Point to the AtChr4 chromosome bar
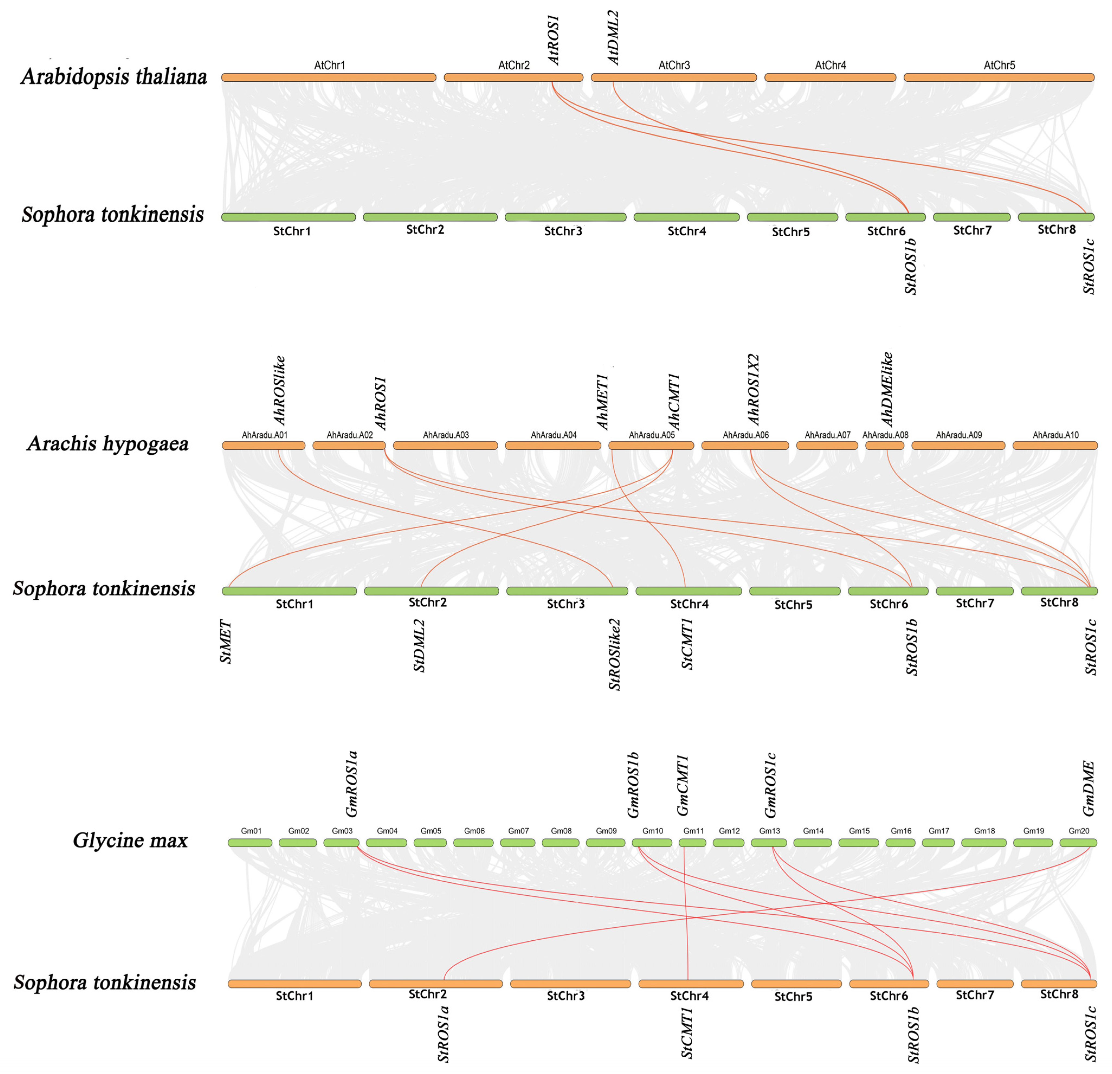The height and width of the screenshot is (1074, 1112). (x=830, y=77)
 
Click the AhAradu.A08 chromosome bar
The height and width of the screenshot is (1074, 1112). (x=885, y=446)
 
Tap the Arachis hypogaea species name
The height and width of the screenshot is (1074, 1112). (x=108, y=443)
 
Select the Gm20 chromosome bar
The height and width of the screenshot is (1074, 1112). (x=1078, y=843)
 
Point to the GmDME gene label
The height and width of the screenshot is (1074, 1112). (x=1088, y=789)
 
